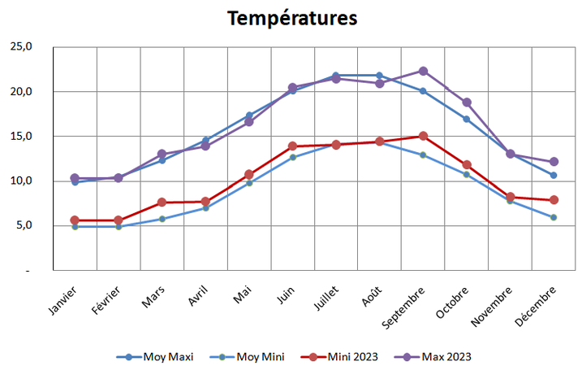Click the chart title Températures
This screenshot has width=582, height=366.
pos(292,18)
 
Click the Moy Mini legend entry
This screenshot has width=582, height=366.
pos(249,356)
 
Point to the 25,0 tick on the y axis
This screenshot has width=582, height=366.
pos(19,46)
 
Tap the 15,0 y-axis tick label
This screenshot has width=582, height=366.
pos(19,136)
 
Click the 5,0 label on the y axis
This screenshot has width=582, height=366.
pos(22,225)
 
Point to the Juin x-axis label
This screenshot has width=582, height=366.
pos(284,296)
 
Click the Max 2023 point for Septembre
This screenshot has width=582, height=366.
pos(423,72)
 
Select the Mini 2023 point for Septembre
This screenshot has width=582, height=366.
pos(423,136)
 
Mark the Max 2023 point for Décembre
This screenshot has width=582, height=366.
pos(554,162)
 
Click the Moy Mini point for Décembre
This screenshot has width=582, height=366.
pos(554,217)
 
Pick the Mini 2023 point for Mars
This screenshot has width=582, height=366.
pos(162,202)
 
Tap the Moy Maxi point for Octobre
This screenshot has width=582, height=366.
pos(466,119)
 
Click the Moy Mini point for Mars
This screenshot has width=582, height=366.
pos(162,219)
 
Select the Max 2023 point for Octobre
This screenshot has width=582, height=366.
pos(466,102)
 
